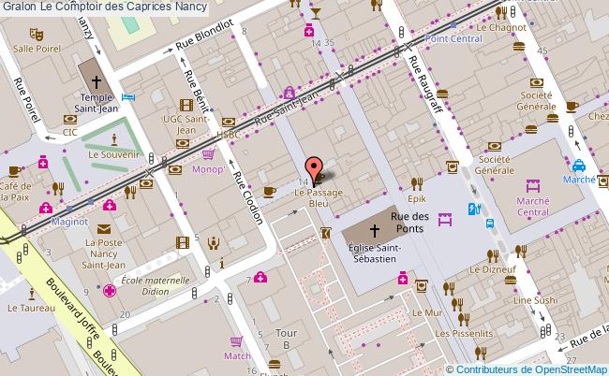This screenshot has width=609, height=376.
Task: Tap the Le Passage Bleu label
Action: coord(312,197)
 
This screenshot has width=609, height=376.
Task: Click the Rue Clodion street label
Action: coord(247,199)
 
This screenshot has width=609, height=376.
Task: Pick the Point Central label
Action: coord(453,39)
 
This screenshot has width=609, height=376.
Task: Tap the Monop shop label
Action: coord(207,170)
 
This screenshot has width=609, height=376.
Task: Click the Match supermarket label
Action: coord(237,355)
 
